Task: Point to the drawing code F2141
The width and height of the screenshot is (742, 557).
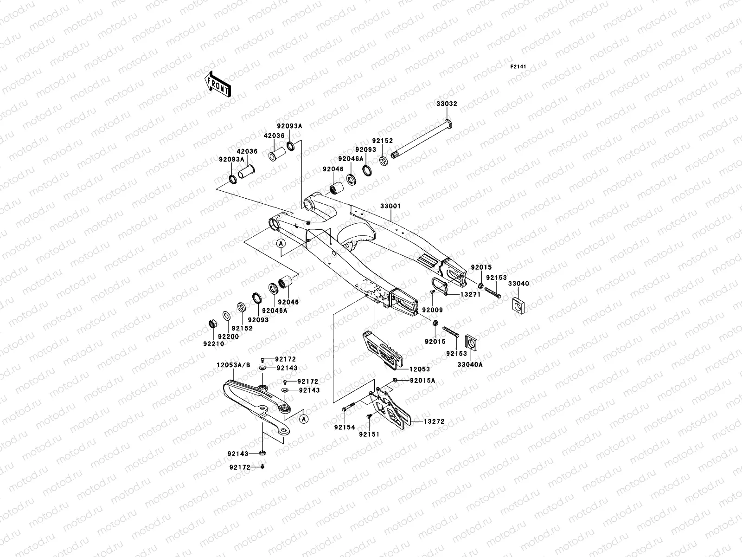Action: [x=519, y=67]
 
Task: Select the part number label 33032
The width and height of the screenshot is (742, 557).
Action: [x=446, y=104]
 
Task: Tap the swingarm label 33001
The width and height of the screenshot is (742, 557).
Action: [x=390, y=206]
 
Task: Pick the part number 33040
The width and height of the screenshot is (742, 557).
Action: [x=518, y=284]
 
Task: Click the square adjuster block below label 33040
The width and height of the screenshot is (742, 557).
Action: [x=518, y=304]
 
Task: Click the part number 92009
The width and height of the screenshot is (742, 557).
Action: [x=432, y=310]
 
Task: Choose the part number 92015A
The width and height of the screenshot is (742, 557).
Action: [x=422, y=381]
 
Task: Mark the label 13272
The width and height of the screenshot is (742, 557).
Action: [x=434, y=422]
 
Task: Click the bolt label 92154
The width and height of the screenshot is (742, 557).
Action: [x=345, y=426]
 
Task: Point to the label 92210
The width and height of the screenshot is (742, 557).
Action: [x=213, y=344]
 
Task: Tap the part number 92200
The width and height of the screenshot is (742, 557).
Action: [x=228, y=337]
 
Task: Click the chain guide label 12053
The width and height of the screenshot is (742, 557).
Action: [x=419, y=369]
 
